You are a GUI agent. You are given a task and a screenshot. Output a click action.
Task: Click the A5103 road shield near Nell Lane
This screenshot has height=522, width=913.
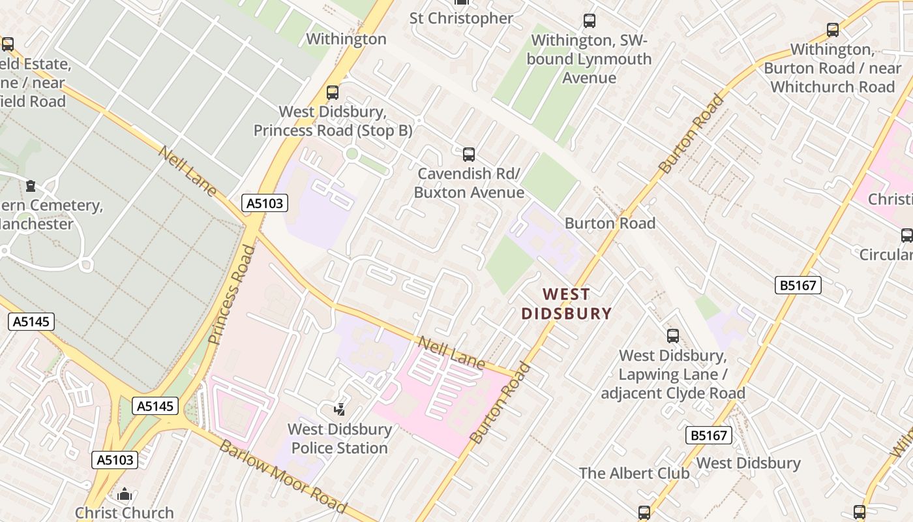tap(265, 204)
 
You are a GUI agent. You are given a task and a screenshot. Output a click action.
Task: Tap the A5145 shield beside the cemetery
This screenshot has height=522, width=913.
tap(31, 322)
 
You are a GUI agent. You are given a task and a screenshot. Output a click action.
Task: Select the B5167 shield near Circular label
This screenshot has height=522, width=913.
tap(798, 285)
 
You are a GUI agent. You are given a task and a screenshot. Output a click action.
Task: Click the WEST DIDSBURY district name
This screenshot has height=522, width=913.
tap(566, 304)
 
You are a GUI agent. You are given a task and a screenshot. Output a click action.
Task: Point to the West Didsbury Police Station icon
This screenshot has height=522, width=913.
tap(339, 410)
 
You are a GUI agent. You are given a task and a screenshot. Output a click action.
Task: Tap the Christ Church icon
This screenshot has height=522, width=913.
tap(125, 494)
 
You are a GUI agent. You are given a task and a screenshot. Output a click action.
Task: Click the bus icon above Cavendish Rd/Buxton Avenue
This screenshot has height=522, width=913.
tap(468, 155)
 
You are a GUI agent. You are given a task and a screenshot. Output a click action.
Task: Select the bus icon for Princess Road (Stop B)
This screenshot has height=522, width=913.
tap(333, 93)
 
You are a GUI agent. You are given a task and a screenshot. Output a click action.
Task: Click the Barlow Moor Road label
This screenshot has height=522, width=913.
tap(283, 476)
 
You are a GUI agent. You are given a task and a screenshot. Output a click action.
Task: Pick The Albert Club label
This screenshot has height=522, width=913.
tap(634, 473)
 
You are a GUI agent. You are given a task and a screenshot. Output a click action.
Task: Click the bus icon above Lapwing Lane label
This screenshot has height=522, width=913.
tap(672, 336)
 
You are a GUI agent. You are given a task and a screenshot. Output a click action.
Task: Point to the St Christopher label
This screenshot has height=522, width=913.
tap(461, 18)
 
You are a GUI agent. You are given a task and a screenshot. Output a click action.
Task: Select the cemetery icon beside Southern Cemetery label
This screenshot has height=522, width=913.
tap(31, 186)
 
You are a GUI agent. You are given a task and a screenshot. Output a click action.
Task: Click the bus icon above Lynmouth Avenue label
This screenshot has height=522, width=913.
tap(590, 21)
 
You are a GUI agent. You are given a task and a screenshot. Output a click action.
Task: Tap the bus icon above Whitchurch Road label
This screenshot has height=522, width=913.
tap(833, 30)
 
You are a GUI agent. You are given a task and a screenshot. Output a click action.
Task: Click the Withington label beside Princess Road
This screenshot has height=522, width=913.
tap(346, 39)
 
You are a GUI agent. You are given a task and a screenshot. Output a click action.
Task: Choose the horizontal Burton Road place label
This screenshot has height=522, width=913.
tap(610, 223)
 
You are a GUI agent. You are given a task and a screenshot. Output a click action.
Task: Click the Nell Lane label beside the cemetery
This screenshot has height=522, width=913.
tap(188, 171)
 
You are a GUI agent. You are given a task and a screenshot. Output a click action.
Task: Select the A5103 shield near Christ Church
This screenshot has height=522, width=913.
tap(115, 460)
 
